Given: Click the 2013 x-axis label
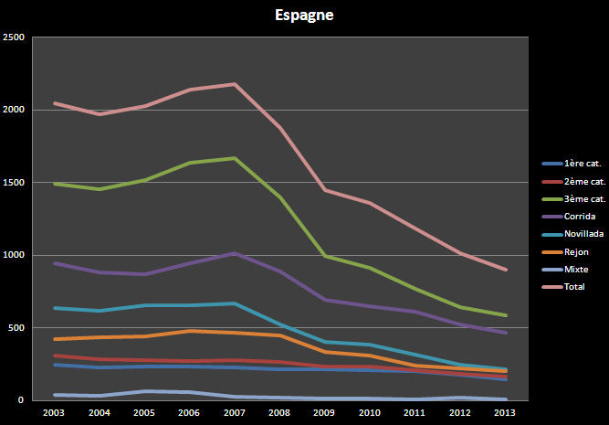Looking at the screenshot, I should pos(505,412).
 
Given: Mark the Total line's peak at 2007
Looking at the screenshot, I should pos(235,84).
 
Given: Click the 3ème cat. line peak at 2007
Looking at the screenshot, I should pos(235,158).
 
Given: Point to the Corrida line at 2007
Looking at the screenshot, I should pos(235,253).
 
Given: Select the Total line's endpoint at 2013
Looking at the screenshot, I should pos(505,270).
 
